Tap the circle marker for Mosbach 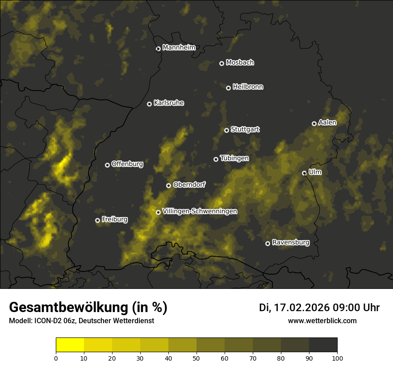coord(222,63)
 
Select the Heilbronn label coord(248,87)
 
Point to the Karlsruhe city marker coord(149,104)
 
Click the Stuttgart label coord(245,129)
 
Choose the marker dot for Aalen coord(314,123)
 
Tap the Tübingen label coord(234,158)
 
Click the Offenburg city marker coord(107,165)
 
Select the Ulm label coord(315,172)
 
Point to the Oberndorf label coord(189,185)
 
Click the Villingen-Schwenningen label coord(200,211)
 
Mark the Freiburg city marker coord(97,220)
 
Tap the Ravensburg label coord(290,243)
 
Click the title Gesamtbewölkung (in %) coord(88,308)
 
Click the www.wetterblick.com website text coord(322,321)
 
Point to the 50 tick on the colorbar coord(196,358)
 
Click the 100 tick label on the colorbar coord(337,358)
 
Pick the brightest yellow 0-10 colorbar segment coord(70,345)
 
